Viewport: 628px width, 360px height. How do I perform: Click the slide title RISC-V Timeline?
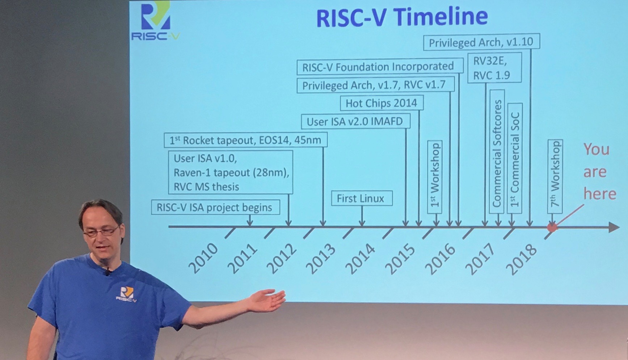tap(402, 17)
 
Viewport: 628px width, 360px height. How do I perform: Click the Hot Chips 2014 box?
tap(382, 103)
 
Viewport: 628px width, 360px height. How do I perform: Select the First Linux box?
tap(362, 198)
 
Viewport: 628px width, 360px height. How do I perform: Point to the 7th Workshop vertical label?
tap(555, 176)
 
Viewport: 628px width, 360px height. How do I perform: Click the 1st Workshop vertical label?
tap(435, 177)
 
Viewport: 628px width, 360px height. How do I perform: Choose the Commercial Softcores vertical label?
tap(497, 151)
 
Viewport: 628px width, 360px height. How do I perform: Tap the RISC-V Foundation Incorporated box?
tap(380, 67)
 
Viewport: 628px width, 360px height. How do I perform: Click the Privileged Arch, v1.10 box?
tap(481, 42)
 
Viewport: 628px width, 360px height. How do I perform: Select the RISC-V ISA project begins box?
tap(215, 208)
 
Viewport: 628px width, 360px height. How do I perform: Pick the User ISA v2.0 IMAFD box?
tap(355, 121)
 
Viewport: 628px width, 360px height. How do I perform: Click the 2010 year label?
tap(203, 258)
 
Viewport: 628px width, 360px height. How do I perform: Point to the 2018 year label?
tap(521, 259)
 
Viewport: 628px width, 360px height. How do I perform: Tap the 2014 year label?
tap(361, 258)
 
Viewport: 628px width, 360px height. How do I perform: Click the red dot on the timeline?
tap(552, 227)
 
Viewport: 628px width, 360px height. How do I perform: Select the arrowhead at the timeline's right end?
tap(614, 227)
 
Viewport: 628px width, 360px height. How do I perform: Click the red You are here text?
tap(599, 172)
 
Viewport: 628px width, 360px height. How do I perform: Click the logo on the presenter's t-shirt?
tap(126, 294)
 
